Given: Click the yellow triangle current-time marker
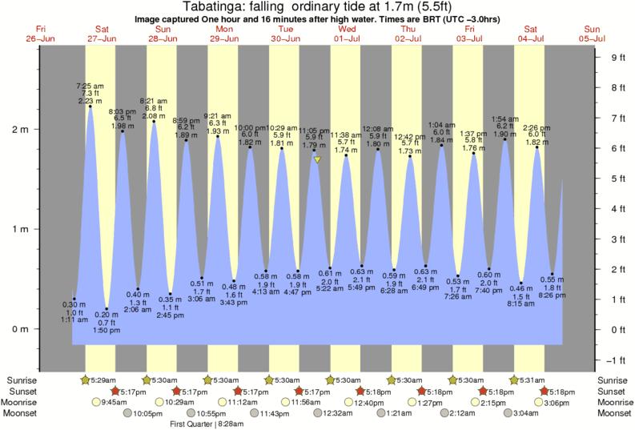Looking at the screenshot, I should coord(317,159).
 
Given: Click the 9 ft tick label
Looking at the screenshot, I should coord(617,57).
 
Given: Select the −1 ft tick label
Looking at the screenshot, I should coord(617,359).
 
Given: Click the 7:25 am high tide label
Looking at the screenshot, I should coord(89,85).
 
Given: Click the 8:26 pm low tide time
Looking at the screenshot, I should coord(552,295).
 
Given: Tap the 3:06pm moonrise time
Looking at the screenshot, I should coord(565,402).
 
